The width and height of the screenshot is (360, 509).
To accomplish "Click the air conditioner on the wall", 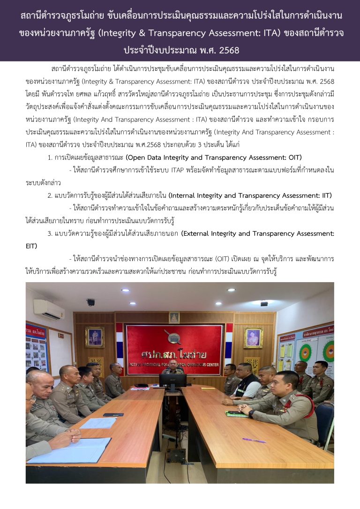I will [49, 309].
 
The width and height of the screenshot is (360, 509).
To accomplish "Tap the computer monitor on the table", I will [173, 380].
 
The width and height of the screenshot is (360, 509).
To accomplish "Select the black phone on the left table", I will [113, 414].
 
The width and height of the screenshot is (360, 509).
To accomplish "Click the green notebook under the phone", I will [236, 414].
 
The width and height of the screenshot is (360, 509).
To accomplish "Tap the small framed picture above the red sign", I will [174, 317].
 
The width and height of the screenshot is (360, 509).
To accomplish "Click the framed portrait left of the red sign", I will [95, 337].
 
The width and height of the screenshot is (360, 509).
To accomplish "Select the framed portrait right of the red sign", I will [253, 337].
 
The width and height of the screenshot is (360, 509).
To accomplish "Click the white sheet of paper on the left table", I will [98, 423].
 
